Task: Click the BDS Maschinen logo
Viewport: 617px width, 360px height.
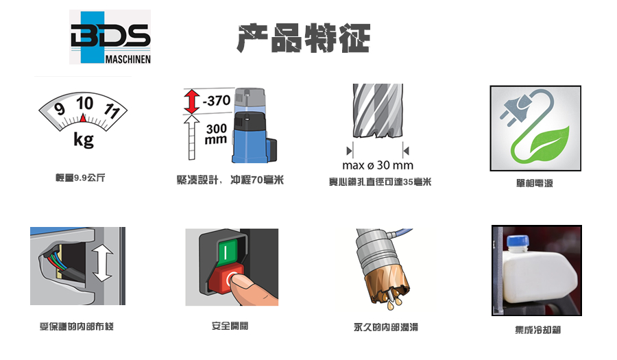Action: click(x=110, y=37)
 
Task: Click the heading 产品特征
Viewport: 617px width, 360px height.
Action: click(x=304, y=38)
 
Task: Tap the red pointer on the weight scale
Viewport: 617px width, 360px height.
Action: click(x=83, y=118)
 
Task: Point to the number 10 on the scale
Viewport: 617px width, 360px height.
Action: click(x=84, y=104)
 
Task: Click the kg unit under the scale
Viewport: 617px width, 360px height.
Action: click(x=84, y=140)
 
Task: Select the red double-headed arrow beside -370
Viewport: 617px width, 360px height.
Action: click(x=192, y=101)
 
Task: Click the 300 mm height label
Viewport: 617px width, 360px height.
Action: click(x=216, y=134)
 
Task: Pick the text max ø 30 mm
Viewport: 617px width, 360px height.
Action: click(x=378, y=165)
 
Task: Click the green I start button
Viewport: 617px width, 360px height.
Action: click(x=225, y=252)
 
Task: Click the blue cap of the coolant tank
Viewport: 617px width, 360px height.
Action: click(x=518, y=241)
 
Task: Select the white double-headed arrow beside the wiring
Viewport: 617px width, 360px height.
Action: click(x=103, y=263)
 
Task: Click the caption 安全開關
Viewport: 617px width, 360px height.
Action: click(x=230, y=326)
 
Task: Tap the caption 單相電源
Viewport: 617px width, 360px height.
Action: click(x=534, y=183)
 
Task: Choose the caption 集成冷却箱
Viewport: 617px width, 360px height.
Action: click(x=538, y=330)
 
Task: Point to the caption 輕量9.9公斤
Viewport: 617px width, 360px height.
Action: click(x=80, y=178)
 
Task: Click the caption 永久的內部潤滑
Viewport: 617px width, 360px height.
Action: click(x=385, y=327)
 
